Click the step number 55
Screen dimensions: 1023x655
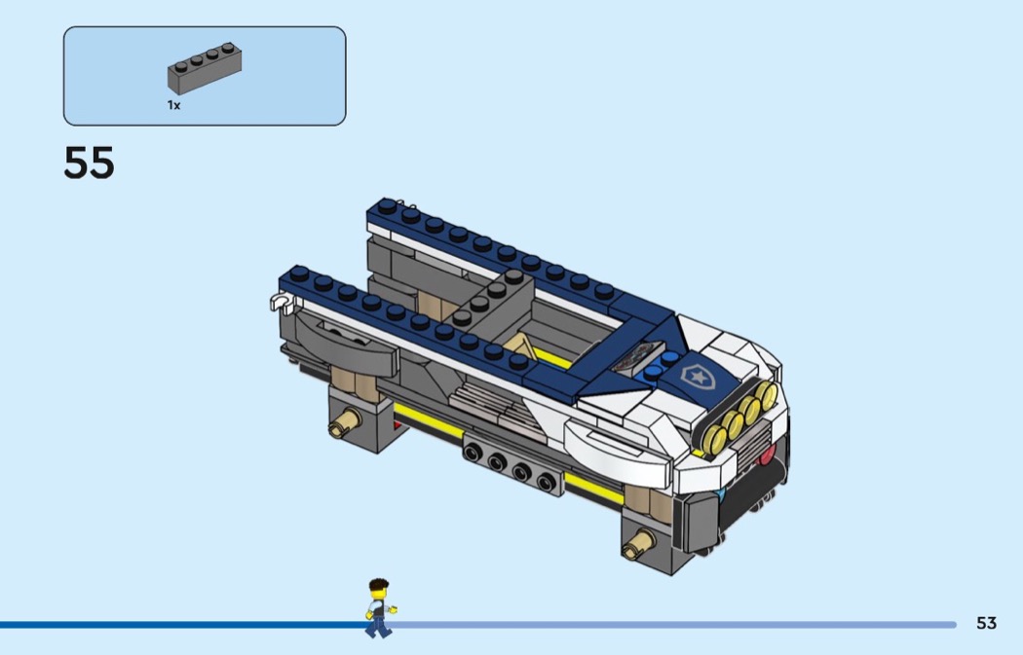pos(89,163)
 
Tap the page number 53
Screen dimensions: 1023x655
pos(986,623)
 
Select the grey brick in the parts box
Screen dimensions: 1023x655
pos(205,68)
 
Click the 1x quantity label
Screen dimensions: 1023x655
pos(173,105)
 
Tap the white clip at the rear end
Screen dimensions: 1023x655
pos(282,302)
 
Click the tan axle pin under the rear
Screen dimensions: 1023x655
pos(345,421)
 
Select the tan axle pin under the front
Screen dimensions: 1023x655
pos(638,543)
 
